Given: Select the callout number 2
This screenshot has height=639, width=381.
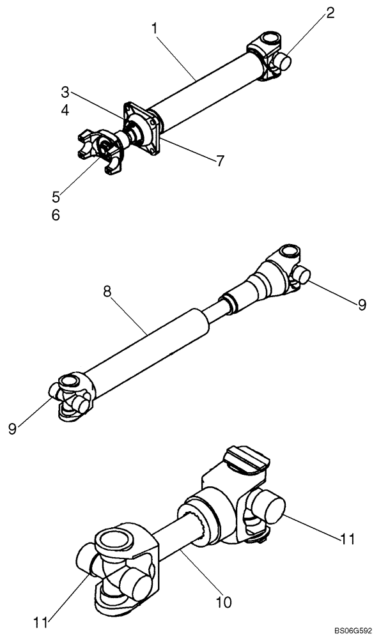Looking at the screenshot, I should coord(329,13).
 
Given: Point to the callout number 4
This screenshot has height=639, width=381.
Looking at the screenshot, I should coord(66,110).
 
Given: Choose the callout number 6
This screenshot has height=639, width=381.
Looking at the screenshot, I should coord(56,215).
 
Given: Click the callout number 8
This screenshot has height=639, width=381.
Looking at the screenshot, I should coord(107,291).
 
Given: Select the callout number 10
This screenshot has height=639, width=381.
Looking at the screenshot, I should coord(224,601).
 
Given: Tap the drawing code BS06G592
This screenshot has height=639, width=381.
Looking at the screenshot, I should coord(349,631).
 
